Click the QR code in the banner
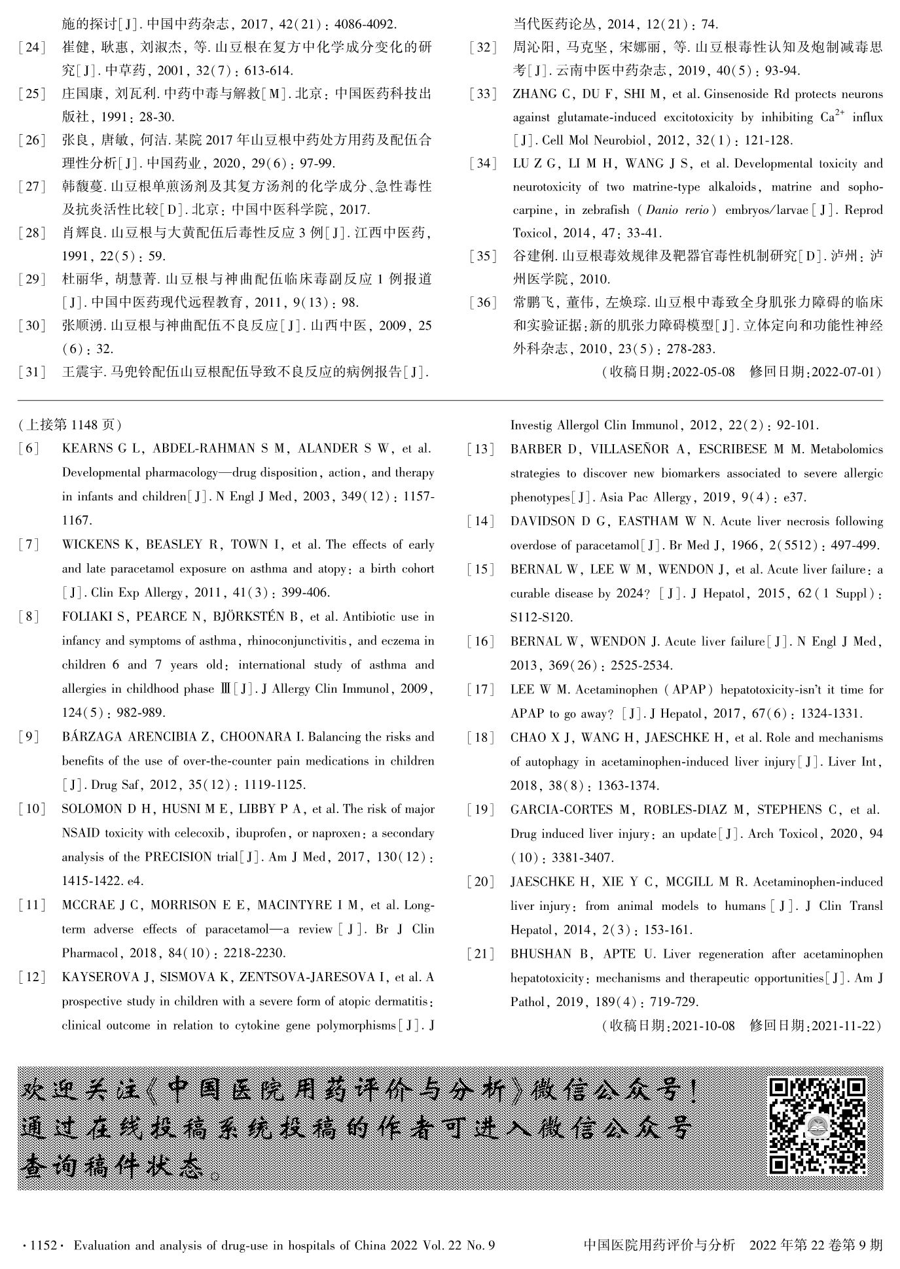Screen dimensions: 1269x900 tap(818, 1126)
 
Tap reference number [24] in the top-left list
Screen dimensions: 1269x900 tap(32, 48)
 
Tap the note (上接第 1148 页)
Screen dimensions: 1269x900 tap(70, 425)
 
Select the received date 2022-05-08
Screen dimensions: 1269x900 tap(703, 372)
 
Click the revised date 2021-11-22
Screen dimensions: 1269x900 tap(844, 1025)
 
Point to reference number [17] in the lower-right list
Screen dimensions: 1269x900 tap(481, 689)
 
